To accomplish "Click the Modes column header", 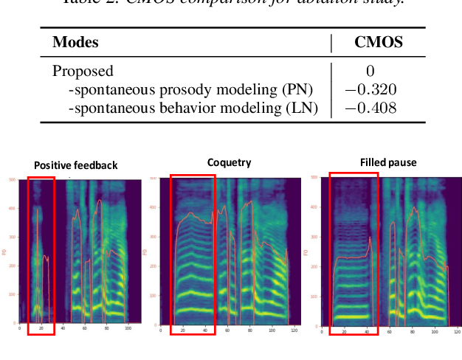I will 75,42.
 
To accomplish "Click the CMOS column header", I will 379,42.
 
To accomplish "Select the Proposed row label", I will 83,71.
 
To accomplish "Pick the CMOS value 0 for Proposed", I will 370,71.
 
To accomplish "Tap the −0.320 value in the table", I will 370,90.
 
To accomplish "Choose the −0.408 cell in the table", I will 370,108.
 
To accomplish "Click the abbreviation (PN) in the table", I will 297,90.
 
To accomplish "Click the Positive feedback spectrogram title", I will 76,165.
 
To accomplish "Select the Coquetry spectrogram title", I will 229,162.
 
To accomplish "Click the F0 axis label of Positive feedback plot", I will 5,252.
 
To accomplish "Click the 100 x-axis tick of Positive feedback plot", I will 127,328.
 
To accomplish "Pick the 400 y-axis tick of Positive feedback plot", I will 11,208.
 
